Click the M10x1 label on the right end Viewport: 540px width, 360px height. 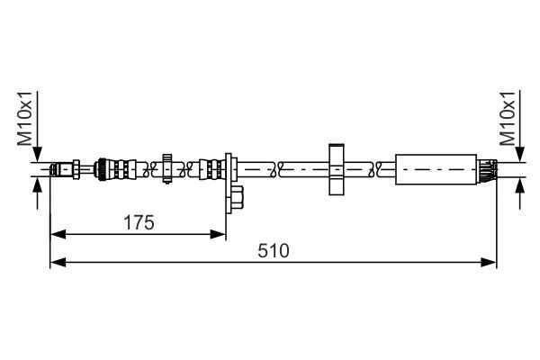pyautogui.click(x=508, y=122)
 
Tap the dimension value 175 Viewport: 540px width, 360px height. pyautogui.click(x=139, y=221)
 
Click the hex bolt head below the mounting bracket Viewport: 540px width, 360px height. pyautogui.click(x=240, y=196)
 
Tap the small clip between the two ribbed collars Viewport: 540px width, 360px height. pyautogui.click(x=166, y=167)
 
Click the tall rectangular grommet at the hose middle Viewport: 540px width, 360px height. pyautogui.click(x=337, y=167)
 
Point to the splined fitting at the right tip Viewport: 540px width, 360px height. pyautogui.click(x=488, y=167)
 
